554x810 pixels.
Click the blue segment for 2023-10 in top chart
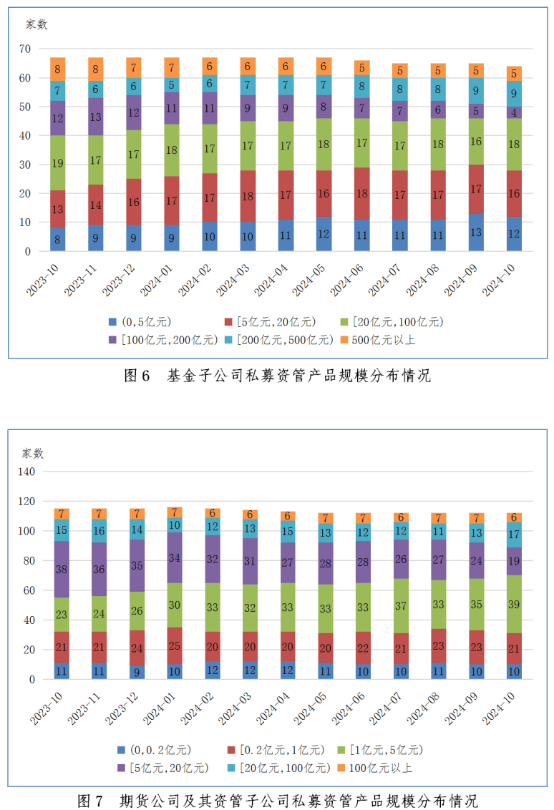[x=57, y=240]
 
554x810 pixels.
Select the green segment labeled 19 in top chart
[x=57, y=163]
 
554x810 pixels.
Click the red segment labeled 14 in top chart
[x=95, y=205]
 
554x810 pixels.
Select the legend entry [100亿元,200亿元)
[x=164, y=340]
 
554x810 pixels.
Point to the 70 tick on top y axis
[x=26, y=49]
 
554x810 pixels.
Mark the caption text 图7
[x=90, y=800]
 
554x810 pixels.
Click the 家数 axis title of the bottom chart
[x=32, y=453]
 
